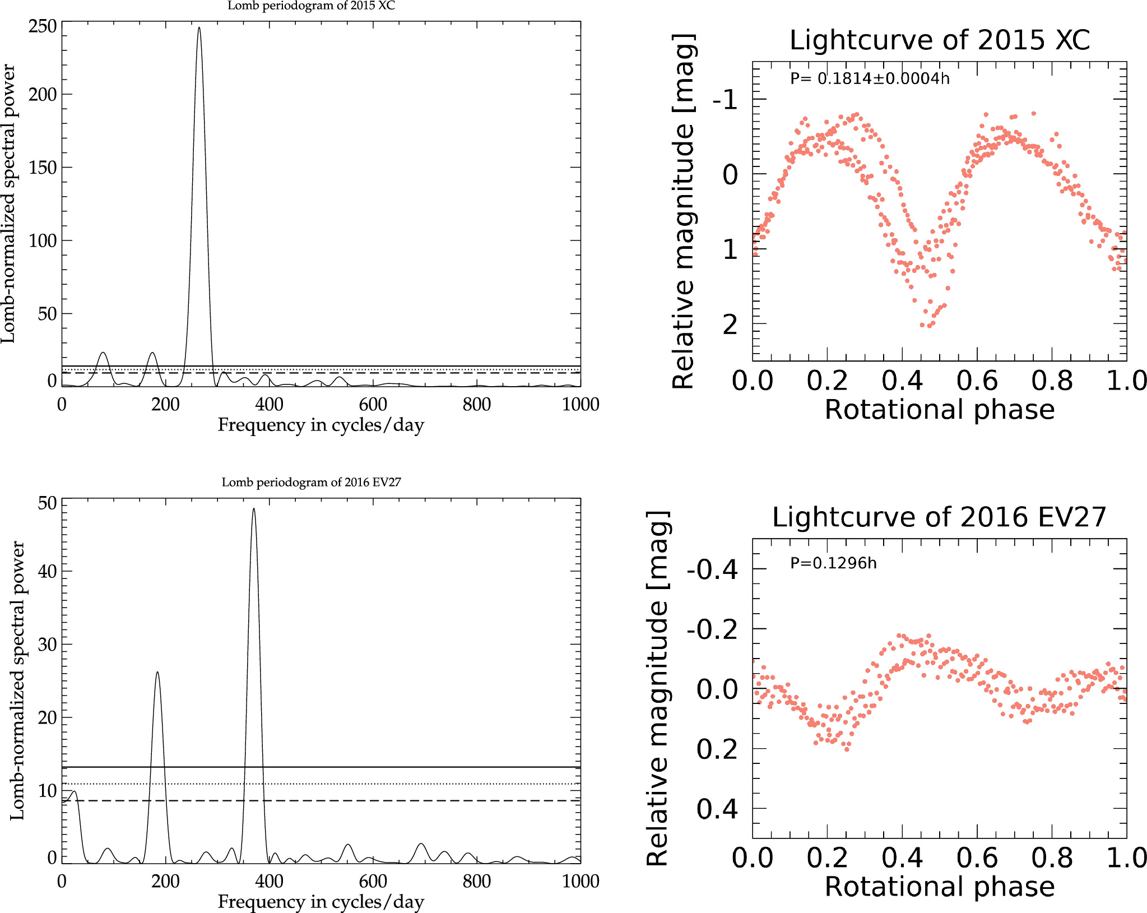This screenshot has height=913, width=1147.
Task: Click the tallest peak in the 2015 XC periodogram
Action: [x=199, y=28]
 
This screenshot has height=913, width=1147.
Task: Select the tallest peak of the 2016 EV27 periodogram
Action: [x=254, y=509]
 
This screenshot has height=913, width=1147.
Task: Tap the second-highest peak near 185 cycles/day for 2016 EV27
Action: [x=157, y=673]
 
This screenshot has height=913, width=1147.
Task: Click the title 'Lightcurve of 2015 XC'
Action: [x=940, y=40]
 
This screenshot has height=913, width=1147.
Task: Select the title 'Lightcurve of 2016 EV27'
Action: [x=939, y=517]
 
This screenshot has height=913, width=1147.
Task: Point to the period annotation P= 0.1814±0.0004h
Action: [x=870, y=78]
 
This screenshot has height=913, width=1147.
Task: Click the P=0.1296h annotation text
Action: [x=833, y=563]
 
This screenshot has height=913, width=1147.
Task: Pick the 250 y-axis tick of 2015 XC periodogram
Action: [x=43, y=26]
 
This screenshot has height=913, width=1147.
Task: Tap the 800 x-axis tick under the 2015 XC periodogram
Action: [x=476, y=404]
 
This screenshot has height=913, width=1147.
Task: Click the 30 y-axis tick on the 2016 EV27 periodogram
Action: [x=48, y=645]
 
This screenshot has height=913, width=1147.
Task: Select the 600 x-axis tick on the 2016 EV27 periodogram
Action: [x=373, y=881]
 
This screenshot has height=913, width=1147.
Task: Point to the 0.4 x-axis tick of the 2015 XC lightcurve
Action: [x=902, y=381]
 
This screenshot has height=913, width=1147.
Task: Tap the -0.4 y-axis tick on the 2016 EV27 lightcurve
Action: [x=712, y=570]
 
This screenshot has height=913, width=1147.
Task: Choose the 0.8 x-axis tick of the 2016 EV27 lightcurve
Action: [x=1052, y=858]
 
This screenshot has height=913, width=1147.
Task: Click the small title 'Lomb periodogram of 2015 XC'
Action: [x=311, y=6]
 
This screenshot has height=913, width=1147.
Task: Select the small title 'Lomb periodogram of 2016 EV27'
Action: [x=311, y=483]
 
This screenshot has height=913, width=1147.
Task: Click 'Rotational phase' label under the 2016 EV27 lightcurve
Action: [x=940, y=887]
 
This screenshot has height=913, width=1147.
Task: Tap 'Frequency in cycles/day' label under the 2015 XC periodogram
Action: [x=321, y=425]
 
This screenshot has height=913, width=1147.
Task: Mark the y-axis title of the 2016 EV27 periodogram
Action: [x=17, y=680]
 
